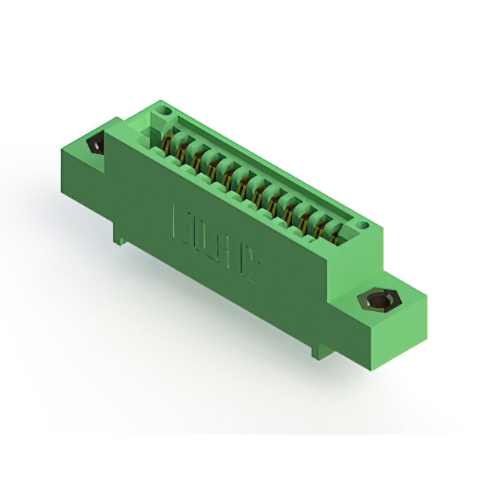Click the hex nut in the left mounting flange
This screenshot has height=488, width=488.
[97, 144]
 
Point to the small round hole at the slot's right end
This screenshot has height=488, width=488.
[364, 226]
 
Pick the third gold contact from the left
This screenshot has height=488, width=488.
[200, 160]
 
